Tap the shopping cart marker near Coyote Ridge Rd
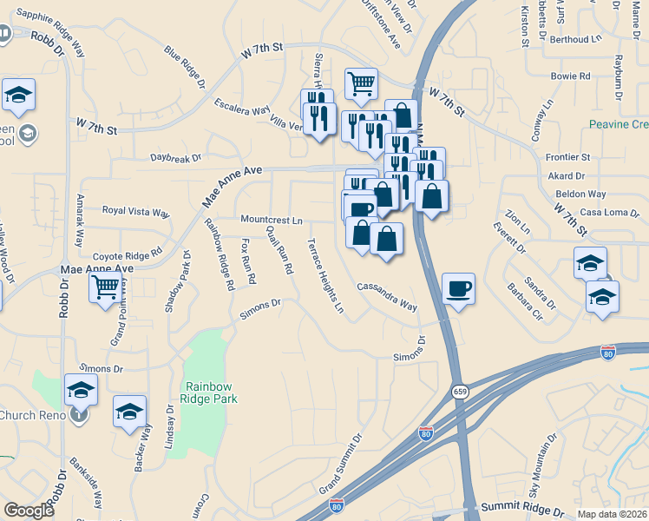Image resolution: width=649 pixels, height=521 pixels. [x=105, y=286]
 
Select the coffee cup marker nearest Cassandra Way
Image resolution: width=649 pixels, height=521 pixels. [x=458, y=290]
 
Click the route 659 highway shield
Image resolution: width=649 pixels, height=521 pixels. [x=458, y=392]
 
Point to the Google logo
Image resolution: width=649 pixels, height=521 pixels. [x=29, y=511]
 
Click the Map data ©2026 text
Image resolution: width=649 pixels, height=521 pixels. [x=613, y=514]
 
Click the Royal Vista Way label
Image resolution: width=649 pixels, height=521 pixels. [x=136, y=211]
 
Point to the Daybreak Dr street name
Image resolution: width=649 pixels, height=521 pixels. [x=175, y=158]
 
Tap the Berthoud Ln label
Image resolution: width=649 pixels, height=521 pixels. [x=575, y=39]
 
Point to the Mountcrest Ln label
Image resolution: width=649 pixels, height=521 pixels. [x=272, y=221]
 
